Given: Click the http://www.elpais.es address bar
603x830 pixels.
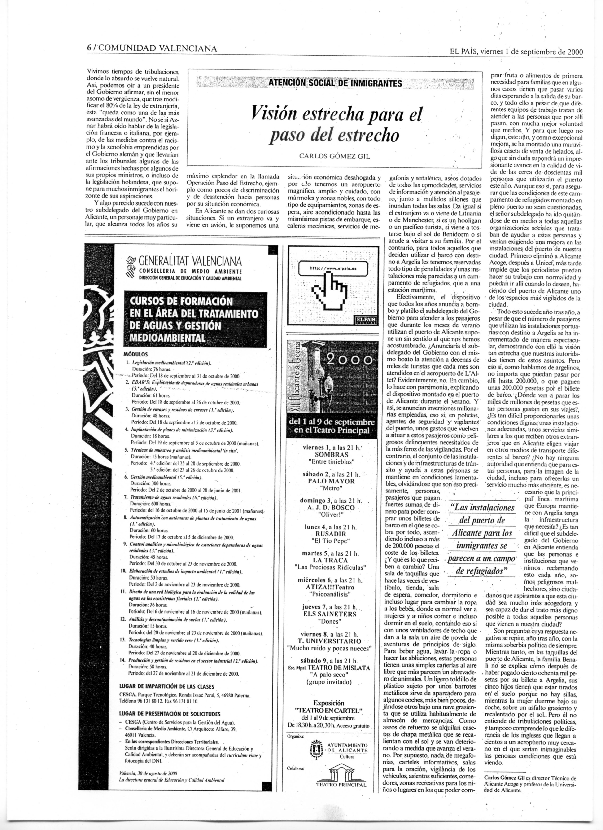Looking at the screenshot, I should tap(333, 268).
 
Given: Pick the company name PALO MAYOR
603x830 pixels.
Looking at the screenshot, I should tap(332, 481).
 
